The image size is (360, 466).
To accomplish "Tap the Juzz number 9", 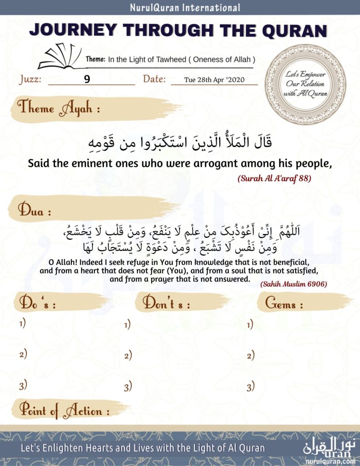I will tap(87, 79).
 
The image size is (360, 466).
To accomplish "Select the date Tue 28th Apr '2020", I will tap(214, 80).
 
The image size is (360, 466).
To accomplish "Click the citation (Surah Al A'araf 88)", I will tap(274, 179).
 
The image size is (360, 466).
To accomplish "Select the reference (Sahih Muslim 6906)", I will tap(294, 284).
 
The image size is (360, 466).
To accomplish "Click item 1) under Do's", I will tap(22, 324).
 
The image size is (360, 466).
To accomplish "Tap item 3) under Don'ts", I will tap(128, 387).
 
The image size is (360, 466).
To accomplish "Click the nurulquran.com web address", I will tap(330, 461).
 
